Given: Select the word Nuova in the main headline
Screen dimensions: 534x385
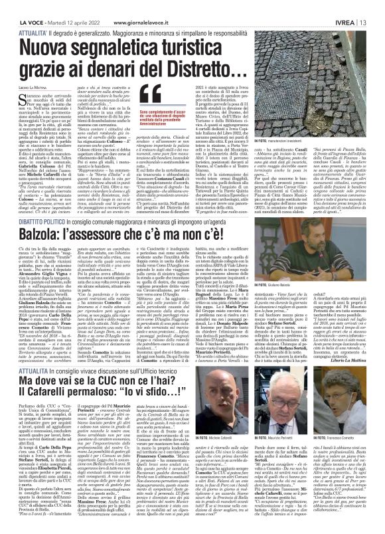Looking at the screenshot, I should [54, 30].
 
